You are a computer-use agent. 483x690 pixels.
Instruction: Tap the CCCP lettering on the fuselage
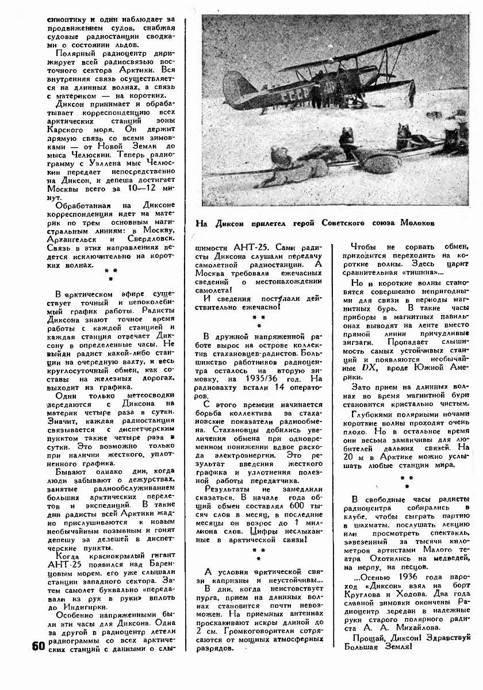297,92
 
